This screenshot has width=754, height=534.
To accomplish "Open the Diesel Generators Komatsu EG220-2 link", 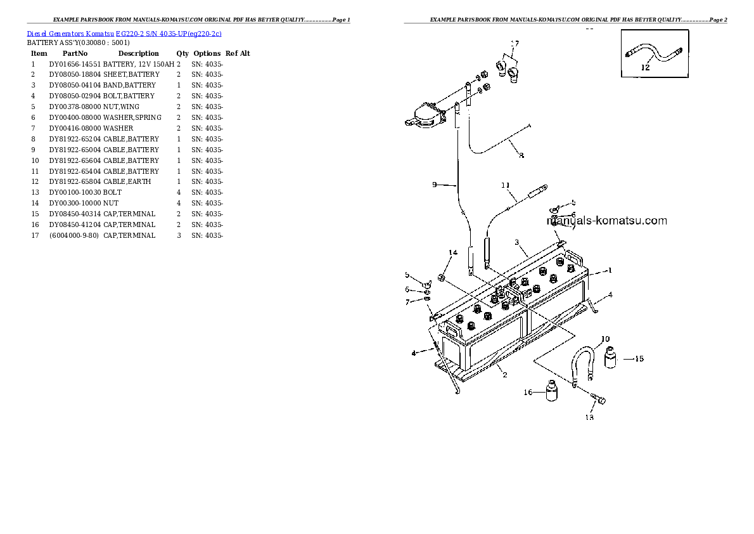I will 124,33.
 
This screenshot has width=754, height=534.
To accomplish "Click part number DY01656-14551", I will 75,64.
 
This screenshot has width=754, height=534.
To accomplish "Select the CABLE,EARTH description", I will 127,182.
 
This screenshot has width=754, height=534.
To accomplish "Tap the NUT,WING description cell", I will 121,107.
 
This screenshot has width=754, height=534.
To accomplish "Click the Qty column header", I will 182,53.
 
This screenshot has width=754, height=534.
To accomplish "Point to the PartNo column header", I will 75,53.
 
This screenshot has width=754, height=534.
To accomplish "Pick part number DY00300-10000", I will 75,203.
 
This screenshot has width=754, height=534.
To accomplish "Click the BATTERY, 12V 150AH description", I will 138,64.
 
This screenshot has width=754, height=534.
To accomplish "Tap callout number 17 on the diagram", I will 514,44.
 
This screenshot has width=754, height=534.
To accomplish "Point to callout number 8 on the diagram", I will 521,155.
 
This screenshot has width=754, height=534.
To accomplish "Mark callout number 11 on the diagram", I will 505,186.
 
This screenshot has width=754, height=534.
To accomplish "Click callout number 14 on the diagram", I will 452,253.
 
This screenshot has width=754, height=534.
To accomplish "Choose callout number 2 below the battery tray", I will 504,375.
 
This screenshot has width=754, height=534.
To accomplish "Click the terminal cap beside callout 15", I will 611,358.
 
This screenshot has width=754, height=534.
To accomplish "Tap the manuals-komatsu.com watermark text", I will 606,221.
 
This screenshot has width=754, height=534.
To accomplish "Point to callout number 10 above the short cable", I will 605,339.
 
